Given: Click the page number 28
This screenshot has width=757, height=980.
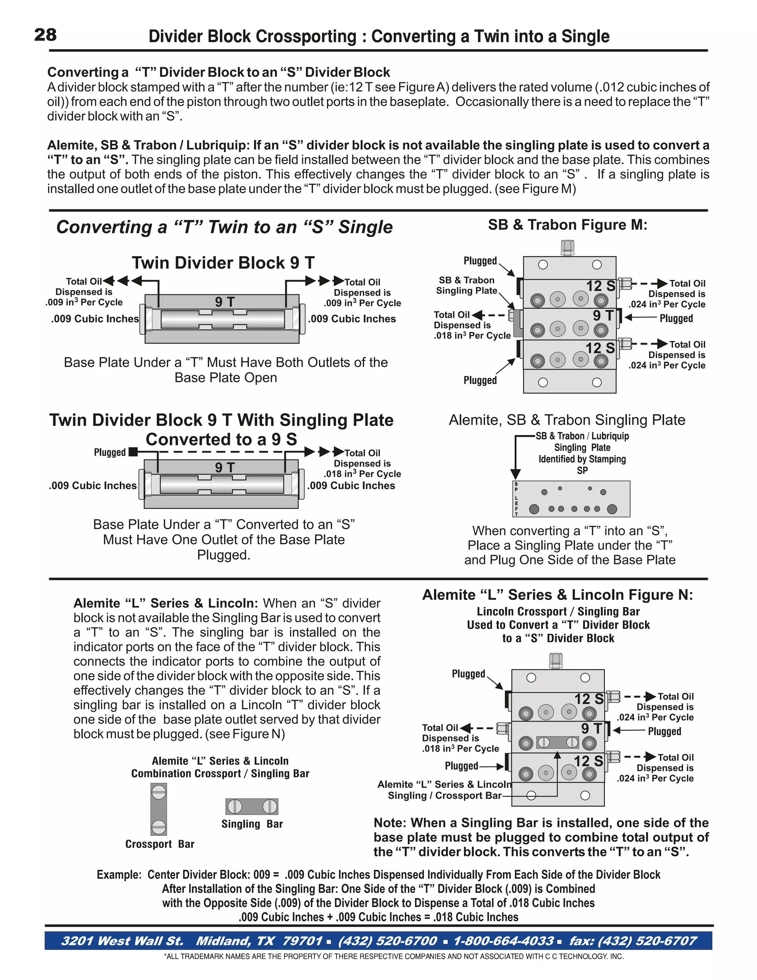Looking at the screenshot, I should (x=45, y=34).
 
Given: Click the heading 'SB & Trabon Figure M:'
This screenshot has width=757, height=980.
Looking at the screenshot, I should (x=567, y=224).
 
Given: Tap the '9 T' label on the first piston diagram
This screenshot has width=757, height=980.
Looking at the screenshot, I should (x=224, y=301).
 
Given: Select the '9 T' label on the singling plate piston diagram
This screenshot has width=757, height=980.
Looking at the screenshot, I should (x=224, y=467).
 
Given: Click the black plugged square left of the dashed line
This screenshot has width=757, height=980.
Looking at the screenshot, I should (x=133, y=452).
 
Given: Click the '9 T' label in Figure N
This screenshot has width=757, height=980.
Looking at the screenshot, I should (x=591, y=728).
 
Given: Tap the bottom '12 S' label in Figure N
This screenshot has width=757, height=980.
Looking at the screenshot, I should (x=588, y=761).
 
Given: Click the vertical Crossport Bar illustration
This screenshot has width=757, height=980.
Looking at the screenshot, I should (x=159, y=810).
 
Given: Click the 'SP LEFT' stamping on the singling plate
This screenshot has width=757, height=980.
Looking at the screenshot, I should (x=516, y=499).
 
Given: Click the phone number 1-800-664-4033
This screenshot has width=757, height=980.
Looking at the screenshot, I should (x=503, y=940).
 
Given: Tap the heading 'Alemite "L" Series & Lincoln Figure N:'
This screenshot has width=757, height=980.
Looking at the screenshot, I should (x=557, y=595).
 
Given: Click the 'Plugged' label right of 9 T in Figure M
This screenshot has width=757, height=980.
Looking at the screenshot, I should (x=676, y=318).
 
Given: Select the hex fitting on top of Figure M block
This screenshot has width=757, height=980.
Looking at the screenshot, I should (x=567, y=248).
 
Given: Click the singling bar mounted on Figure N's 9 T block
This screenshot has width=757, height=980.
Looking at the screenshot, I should (x=558, y=743).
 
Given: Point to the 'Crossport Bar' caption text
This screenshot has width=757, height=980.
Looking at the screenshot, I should (x=160, y=844).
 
